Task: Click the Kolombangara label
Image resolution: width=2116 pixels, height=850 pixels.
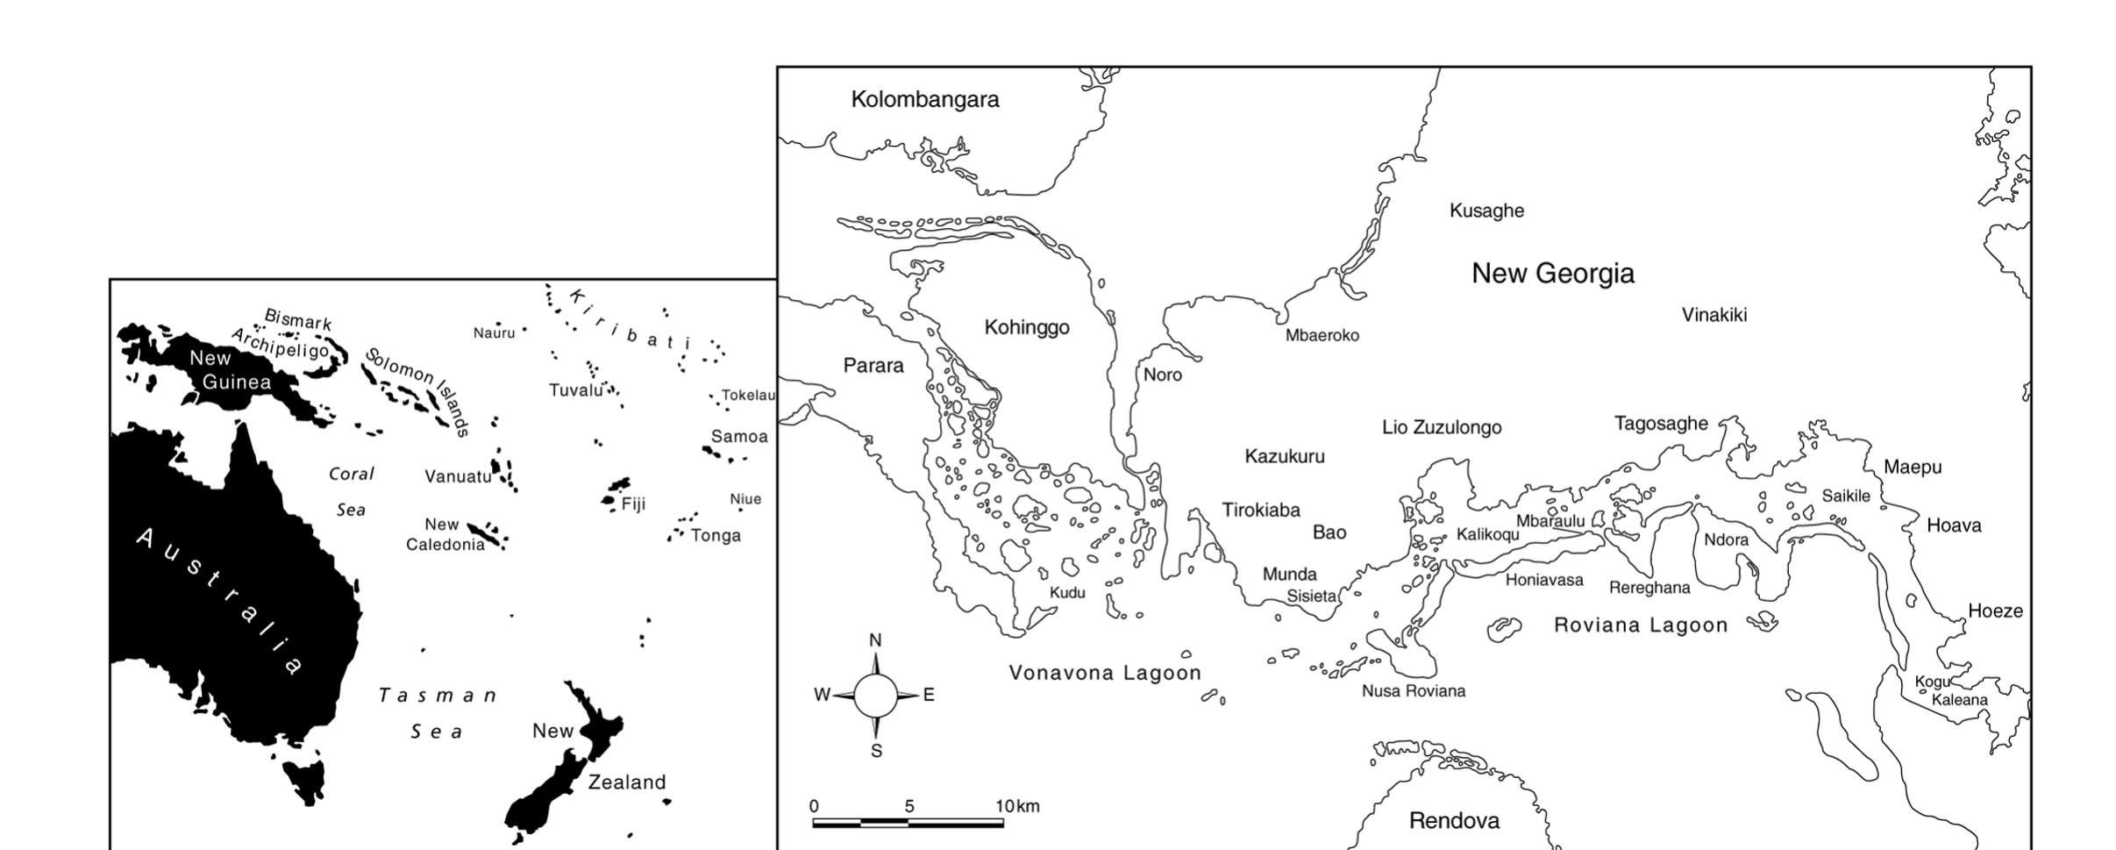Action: click(x=925, y=99)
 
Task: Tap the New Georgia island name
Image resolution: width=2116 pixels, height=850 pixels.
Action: click(x=1552, y=274)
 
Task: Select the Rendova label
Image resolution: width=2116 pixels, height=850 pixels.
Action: click(x=1454, y=821)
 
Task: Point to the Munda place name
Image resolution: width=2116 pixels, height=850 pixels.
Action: click(x=1289, y=575)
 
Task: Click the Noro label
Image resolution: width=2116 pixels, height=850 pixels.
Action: click(x=1162, y=375)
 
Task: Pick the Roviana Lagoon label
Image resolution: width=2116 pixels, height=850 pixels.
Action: click(x=1641, y=625)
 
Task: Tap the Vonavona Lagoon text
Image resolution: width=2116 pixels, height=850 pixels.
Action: click(x=1105, y=673)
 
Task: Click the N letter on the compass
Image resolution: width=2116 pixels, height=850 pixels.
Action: click(x=875, y=641)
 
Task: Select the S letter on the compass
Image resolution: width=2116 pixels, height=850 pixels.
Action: click(x=876, y=751)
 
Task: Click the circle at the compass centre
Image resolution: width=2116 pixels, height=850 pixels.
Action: click(x=875, y=696)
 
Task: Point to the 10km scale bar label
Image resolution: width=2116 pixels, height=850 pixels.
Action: click(x=1017, y=806)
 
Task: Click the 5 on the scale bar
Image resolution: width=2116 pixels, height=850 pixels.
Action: click(x=909, y=806)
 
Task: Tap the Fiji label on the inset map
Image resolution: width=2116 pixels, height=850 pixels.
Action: click(x=633, y=504)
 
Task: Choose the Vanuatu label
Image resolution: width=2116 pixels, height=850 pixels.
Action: click(x=458, y=477)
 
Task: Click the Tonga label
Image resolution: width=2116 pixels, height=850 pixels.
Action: click(x=716, y=536)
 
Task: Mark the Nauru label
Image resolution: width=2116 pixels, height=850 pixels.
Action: click(x=494, y=333)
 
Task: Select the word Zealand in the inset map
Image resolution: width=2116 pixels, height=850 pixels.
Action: click(x=626, y=782)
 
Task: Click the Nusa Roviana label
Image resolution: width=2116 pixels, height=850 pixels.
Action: click(x=1413, y=691)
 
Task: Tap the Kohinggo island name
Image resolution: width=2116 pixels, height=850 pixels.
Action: click(x=1027, y=327)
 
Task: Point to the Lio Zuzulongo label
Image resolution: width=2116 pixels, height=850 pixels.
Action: click(x=1442, y=428)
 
